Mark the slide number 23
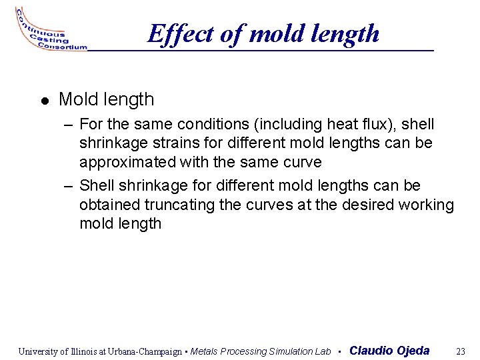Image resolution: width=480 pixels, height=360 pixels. pyautogui.click(x=460, y=351)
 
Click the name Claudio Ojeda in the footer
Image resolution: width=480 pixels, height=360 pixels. pyautogui.click(x=389, y=351)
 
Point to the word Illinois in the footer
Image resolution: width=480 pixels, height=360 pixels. pyautogui.click(x=83, y=351)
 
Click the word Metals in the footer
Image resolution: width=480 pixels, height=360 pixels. pyautogui.click(x=205, y=351)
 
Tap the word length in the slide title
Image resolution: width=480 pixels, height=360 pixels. pyautogui.click(x=349, y=33)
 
